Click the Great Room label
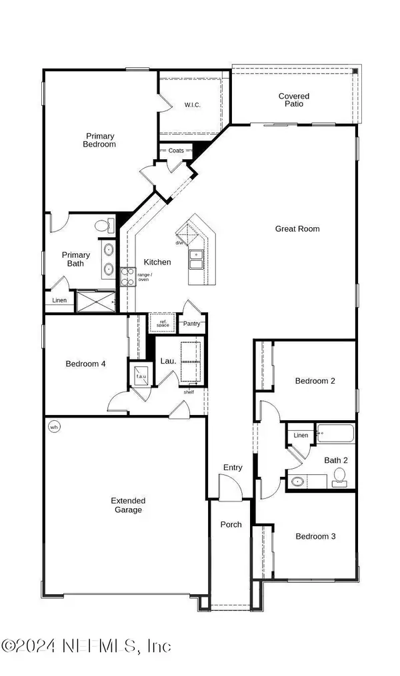pos(297,229)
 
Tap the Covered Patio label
pos(294,100)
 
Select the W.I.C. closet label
pos(193,105)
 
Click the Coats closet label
pos(176,151)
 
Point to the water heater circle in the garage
pos(54,427)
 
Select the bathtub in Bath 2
pos(335,434)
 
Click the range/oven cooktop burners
pos(128,276)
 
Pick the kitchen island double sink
pos(196,260)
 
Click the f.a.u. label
pos(141,376)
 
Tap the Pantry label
pos(191,324)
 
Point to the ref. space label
pos(163,323)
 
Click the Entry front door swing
pos(231,488)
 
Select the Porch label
pos(231,524)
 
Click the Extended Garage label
pos(128,506)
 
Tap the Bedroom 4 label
pos(85,364)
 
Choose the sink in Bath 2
pos(297,481)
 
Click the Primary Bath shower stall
pos(96,301)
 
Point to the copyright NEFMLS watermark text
pos(86,646)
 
